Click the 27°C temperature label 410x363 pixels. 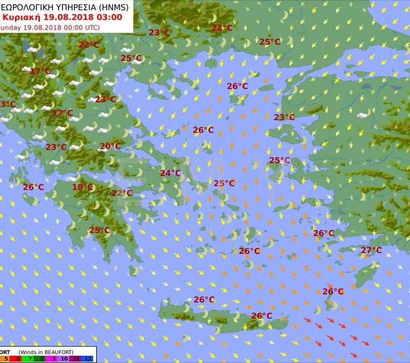click(x=371, y=250)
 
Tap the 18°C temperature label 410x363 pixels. click(x=82, y=187)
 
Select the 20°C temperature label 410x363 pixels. click(x=109, y=146)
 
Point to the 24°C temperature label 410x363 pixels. click(x=170, y=173)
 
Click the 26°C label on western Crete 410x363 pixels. click(x=204, y=300)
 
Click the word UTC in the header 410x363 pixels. click(x=90, y=27)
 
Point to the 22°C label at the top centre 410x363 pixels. click(x=221, y=28)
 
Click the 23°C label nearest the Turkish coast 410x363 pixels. click(x=284, y=117)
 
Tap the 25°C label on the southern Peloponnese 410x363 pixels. click(x=99, y=230)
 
